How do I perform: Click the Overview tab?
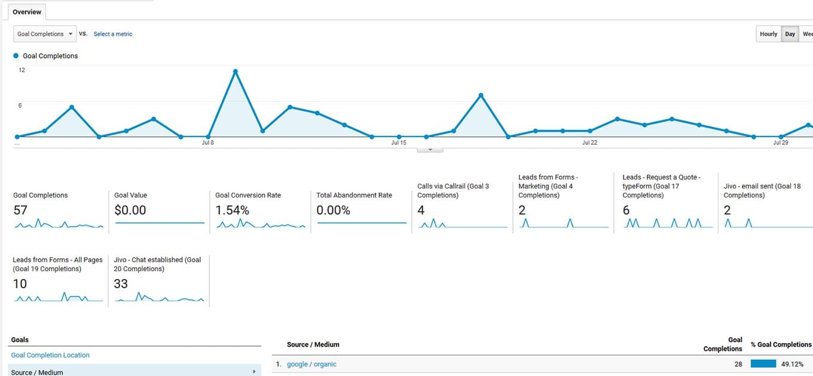point(27,12)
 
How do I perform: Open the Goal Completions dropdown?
point(45,34)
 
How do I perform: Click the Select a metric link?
point(113,34)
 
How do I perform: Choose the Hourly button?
point(768,34)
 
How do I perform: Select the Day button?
point(790,34)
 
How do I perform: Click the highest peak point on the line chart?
point(236,71)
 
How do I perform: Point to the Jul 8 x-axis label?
point(208,142)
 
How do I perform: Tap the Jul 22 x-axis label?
point(589,142)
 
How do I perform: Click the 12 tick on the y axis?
point(22,70)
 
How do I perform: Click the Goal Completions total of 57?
point(20,210)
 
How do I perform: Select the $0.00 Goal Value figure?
point(130,210)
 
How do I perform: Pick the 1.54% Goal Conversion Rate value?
point(232,210)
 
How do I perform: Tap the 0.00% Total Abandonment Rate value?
point(334,210)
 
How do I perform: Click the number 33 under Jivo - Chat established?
point(121,284)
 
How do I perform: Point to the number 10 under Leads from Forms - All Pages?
point(20,284)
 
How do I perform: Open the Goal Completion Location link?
point(50,355)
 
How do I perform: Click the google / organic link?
point(311,364)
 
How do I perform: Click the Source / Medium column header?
point(313,344)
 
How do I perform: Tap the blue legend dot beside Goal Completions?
point(16,56)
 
